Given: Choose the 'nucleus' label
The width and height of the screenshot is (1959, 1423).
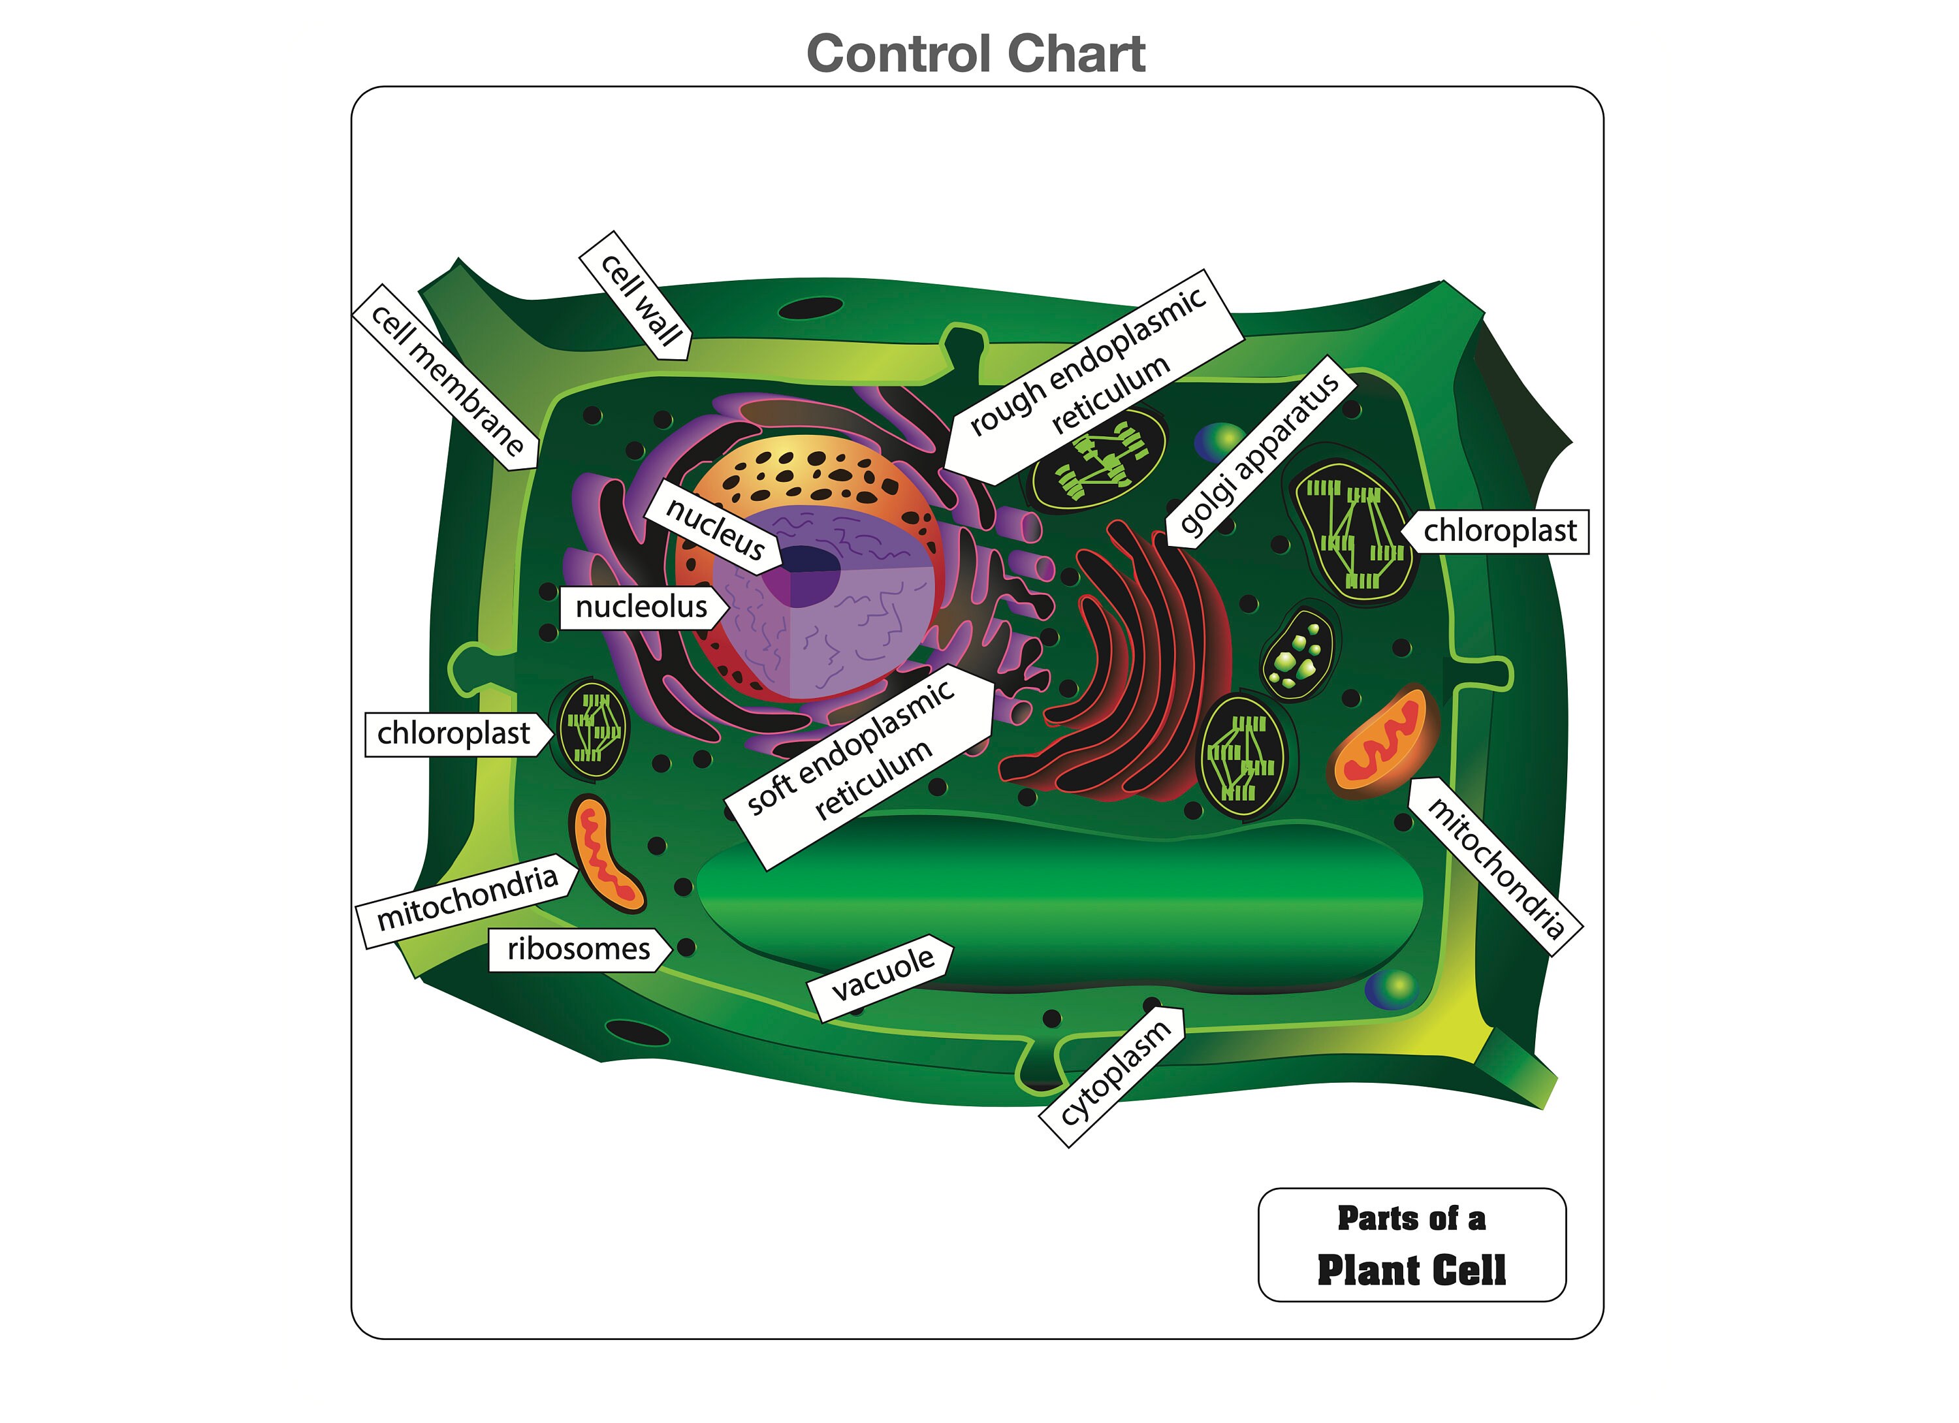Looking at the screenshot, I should [714, 528].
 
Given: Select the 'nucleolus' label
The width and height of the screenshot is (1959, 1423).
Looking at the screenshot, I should [640, 607].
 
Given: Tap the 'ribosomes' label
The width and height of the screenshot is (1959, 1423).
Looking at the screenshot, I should [578, 950].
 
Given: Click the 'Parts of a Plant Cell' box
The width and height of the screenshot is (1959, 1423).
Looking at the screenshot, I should [1411, 1245].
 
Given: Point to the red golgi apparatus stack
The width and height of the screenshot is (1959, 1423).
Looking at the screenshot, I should [1140, 665].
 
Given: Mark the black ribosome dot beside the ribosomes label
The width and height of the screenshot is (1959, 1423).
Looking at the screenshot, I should [687, 948].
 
